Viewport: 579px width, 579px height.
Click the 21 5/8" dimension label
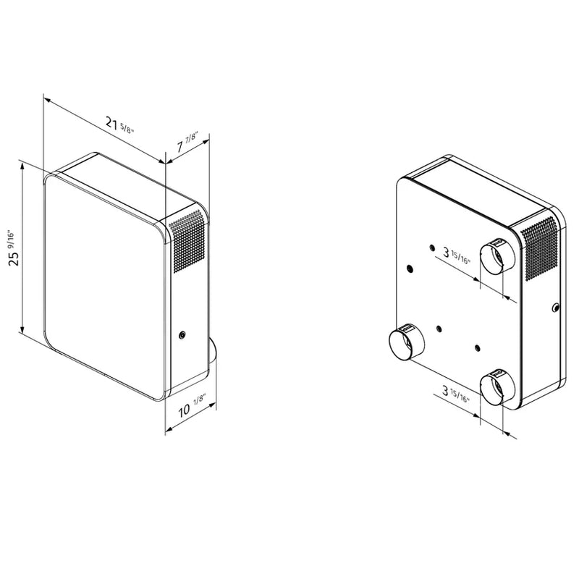[x=119, y=124]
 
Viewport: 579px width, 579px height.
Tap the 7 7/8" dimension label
[x=187, y=141]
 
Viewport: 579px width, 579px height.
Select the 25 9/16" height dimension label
[x=13, y=248]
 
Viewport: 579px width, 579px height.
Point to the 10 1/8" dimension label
[x=192, y=405]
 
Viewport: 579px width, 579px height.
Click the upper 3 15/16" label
[x=457, y=255]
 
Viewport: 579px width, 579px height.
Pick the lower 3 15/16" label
[x=456, y=393]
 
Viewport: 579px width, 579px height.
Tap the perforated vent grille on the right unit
[x=539, y=248]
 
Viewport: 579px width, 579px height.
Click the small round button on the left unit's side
[x=182, y=335]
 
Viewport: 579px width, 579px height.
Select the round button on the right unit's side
[x=556, y=307]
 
